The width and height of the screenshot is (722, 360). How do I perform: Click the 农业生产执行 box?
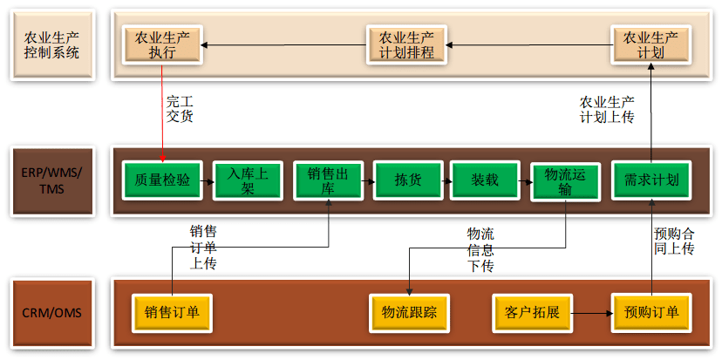(x=163, y=45)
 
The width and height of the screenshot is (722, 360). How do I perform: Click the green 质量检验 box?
(x=162, y=180)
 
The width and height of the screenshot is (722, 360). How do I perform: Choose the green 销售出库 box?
(x=328, y=180)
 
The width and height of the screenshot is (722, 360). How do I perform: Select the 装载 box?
(x=485, y=180)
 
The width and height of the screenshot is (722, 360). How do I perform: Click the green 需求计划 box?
(x=651, y=180)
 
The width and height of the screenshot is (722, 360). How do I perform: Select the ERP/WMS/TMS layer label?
(x=52, y=180)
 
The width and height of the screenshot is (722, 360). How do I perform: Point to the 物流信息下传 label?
(x=480, y=249)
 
